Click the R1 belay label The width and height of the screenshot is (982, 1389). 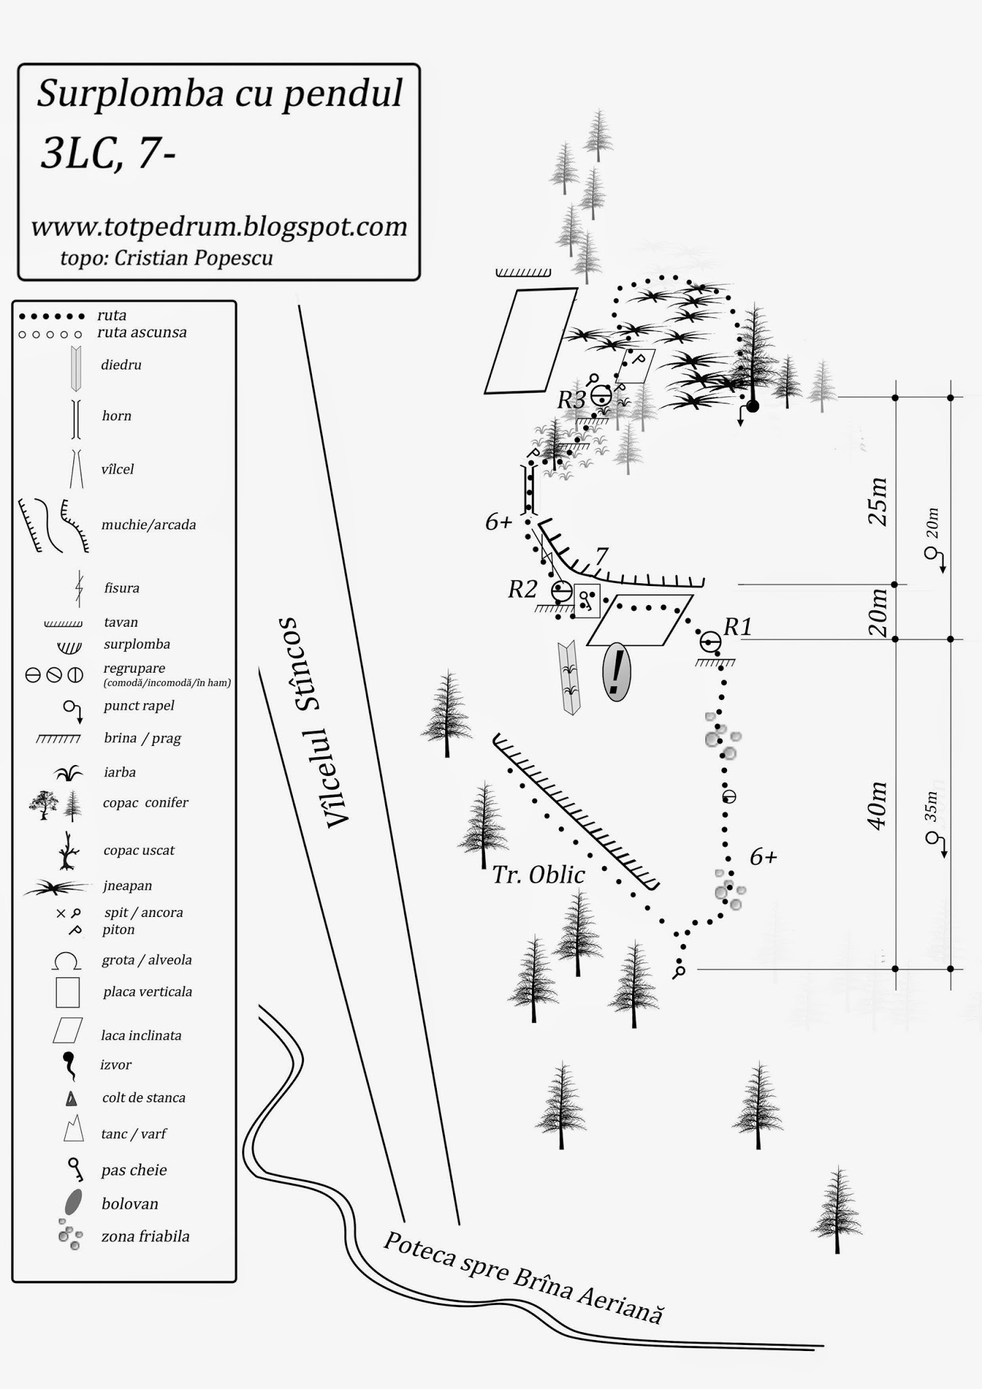738,627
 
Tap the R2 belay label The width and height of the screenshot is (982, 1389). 523,589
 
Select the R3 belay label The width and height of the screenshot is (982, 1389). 571,400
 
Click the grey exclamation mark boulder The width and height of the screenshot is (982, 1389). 616,672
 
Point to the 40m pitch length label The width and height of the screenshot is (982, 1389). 877,805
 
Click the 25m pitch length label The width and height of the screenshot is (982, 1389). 877,501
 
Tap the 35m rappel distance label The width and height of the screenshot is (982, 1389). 932,806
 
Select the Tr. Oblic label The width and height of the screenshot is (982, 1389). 538,875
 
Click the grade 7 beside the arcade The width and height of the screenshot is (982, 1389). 601,557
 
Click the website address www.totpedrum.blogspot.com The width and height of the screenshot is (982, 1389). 219,227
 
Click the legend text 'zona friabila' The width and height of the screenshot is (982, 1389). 146,1236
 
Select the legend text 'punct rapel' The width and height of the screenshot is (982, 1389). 139,705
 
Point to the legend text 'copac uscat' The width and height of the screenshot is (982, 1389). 139,850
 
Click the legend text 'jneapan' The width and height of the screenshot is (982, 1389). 127,886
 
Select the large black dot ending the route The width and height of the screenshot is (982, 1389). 752,406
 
